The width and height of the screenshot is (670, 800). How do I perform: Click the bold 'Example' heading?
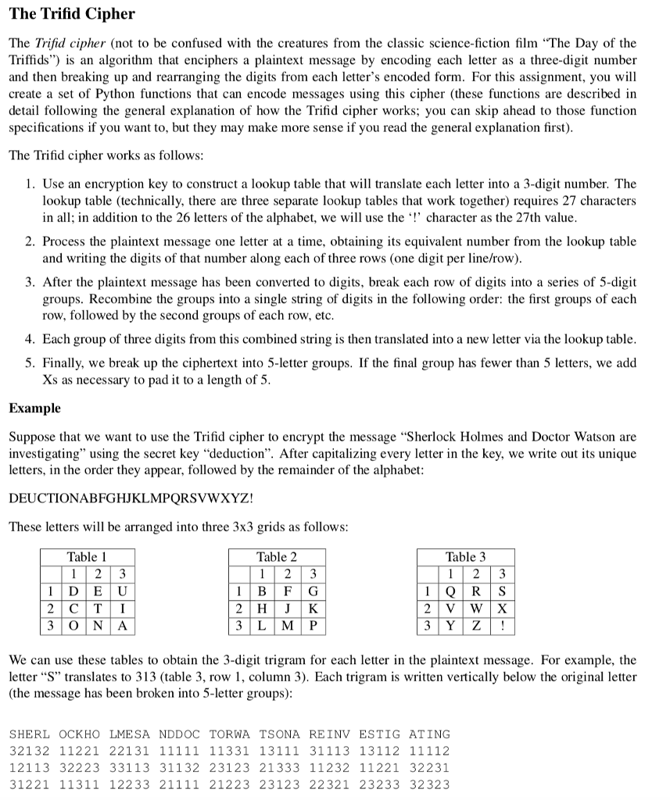[x=34, y=409]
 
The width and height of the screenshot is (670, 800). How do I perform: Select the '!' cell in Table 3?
[x=500, y=626]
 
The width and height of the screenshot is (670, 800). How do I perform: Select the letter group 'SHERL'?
[x=29, y=734]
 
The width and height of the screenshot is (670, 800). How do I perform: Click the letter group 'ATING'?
[x=429, y=734]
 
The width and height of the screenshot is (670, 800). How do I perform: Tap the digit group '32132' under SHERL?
[x=29, y=751]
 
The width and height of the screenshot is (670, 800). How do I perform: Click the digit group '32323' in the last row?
[x=429, y=784]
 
